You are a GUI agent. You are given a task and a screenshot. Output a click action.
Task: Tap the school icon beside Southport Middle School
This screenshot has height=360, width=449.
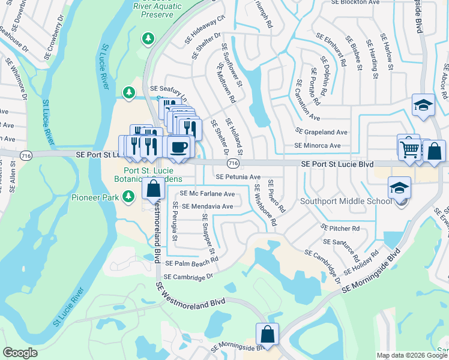[400, 187]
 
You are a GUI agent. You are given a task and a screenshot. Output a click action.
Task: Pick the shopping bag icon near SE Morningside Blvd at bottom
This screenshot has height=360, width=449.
[267, 334]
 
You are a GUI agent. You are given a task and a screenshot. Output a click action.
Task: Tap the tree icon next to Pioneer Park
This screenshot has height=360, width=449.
[128, 196]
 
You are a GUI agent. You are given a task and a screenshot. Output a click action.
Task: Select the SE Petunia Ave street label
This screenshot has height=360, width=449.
[238, 177]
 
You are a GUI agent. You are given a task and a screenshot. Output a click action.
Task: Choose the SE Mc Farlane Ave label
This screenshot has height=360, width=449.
[208, 194]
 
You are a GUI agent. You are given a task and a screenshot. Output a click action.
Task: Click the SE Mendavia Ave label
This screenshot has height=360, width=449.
[207, 206]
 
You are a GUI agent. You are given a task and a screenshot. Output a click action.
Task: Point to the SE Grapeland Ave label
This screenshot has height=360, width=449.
[321, 132]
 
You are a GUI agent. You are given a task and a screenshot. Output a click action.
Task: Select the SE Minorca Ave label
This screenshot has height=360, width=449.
[317, 145]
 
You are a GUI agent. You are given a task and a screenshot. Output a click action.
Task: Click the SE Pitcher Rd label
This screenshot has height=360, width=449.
[340, 229]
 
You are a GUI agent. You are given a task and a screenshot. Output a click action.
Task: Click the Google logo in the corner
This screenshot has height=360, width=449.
[20, 353]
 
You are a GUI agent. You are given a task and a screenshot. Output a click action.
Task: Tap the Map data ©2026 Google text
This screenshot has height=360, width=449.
[411, 355]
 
